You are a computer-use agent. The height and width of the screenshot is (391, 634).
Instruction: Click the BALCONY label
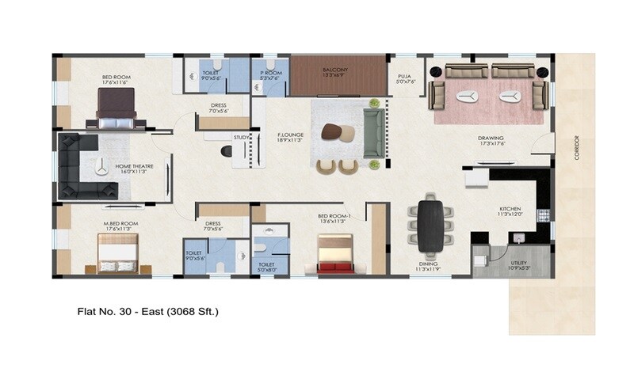(334, 70)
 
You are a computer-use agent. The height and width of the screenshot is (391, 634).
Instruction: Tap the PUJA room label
(404, 76)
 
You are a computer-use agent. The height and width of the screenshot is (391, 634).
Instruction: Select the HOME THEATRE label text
(134, 166)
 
